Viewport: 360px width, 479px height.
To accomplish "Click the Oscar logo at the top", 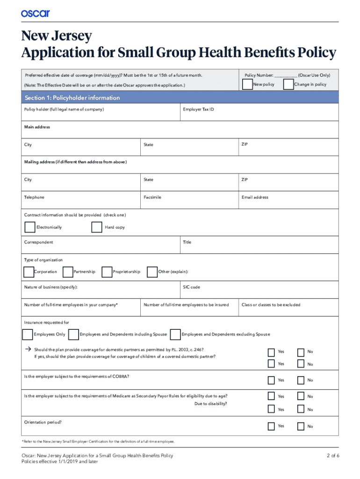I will pyautogui.click(x=35, y=14).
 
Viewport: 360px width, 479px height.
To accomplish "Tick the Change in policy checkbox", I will pyautogui.click(x=288, y=84).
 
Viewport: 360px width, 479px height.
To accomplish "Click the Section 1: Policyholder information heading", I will pyautogui.click(x=72, y=98).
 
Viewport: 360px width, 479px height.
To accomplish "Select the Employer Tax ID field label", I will pyautogui.click(x=199, y=109).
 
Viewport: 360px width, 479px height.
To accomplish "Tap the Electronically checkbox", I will pyautogui.click(x=29, y=227).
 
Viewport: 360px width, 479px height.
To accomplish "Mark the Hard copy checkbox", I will pyautogui.click(x=97, y=227).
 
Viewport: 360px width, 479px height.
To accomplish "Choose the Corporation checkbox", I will pyautogui.click(x=28, y=272).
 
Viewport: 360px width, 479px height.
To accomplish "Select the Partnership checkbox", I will pyautogui.click(x=68, y=272).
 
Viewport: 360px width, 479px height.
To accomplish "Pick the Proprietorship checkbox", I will pyautogui.click(x=107, y=272).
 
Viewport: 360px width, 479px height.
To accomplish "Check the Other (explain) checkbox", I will pyautogui.click(x=152, y=272).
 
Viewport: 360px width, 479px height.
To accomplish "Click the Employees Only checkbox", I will pyautogui.click(x=28, y=334).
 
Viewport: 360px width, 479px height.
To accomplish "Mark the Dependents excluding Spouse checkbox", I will pyautogui.click(x=176, y=334).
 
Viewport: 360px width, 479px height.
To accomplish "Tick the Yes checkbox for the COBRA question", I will pyautogui.click(x=271, y=380).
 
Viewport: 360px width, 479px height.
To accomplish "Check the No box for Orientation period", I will pyautogui.click(x=301, y=426).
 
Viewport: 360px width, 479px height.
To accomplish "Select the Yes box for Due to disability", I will pyautogui.click(x=271, y=409).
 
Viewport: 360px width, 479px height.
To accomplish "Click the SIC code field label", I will pyautogui.click(x=192, y=287).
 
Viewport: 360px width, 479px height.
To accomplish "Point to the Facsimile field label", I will pyautogui.click(x=152, y=197).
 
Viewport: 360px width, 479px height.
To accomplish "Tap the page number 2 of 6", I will pyautogui.click(x=332, y=456).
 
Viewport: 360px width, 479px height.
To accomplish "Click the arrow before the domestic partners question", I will pyautogui.click(x=28, y=349).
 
